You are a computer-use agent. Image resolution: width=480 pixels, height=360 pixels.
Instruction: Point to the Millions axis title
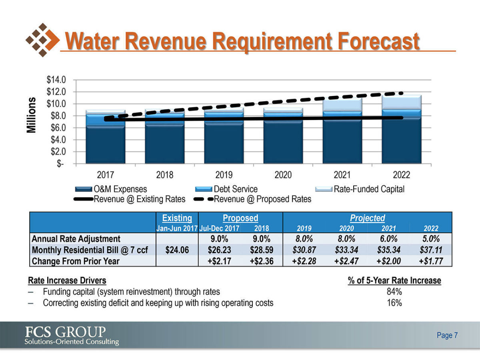[x=32, y=115]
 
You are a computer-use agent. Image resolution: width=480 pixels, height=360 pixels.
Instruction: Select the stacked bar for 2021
[x=342, y=130]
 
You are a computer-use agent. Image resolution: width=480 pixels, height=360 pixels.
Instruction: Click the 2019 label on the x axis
[x=224, y=175]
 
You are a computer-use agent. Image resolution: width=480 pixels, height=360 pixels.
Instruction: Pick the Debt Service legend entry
[x=236, y=189]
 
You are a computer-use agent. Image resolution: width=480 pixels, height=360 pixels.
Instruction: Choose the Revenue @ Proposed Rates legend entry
[x=262, y=199]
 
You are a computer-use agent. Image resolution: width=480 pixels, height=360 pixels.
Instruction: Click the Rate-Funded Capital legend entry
[x=369, y=189]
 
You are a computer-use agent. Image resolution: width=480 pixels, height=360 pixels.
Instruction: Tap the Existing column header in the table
[x=177, y=218]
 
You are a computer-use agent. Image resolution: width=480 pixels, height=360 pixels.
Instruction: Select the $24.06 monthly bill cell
[x=177, y=250]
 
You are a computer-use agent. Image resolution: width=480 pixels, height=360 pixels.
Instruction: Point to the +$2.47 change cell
[x=346, y=261]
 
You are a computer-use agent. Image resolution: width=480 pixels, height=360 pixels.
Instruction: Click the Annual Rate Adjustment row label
[x=76, y=239]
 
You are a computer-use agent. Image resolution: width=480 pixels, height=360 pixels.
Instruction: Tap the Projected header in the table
[x=367, y=218]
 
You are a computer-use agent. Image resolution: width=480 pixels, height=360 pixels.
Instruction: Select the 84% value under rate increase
[x=394, y=292]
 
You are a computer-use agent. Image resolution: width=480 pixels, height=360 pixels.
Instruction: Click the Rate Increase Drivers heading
[x=67, y=281]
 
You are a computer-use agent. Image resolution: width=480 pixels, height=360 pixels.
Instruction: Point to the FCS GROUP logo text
[x=66, y=332]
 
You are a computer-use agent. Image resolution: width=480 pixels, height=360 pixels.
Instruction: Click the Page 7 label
[x=447, y=335]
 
